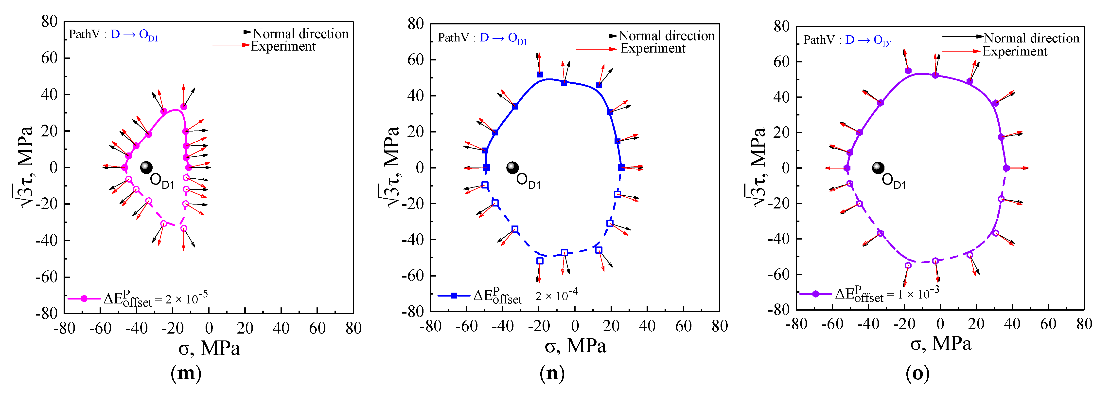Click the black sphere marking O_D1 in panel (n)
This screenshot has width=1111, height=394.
pos(512,168)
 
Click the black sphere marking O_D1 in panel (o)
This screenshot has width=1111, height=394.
pos(878,168)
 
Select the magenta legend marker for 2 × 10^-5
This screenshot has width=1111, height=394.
pos(84,299)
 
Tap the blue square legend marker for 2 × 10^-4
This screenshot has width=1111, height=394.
pos(454,296)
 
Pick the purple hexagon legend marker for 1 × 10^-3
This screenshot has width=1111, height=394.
pos(816,294)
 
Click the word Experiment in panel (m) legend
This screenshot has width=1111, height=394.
pos(283,46)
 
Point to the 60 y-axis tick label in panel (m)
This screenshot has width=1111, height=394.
pos(49,58)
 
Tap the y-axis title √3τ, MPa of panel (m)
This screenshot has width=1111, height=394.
pos(22,166)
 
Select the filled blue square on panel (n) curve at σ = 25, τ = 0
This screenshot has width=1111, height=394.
pos(621,168)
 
